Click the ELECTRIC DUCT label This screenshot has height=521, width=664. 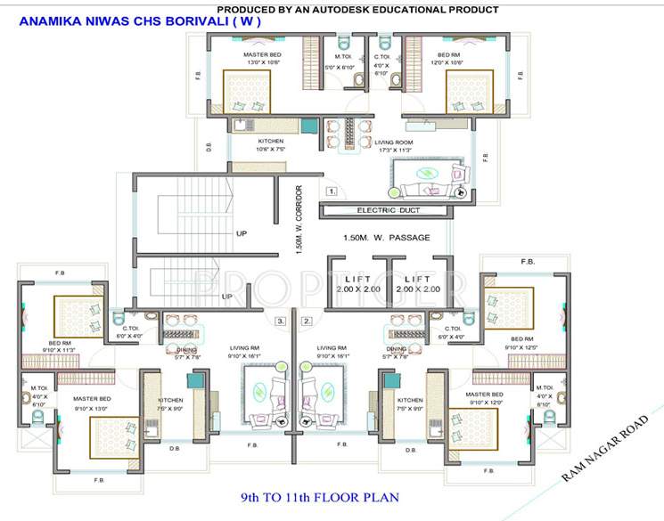388,211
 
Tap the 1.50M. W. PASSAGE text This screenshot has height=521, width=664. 386,239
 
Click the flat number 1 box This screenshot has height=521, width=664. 331,191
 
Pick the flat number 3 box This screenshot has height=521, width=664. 280,320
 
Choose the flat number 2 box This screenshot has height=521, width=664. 307,320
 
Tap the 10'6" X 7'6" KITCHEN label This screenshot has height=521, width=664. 271,146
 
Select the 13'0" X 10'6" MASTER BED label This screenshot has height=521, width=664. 263,59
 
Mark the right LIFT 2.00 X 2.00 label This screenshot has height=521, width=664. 418,284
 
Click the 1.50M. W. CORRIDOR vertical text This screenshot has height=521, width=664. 300,219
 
